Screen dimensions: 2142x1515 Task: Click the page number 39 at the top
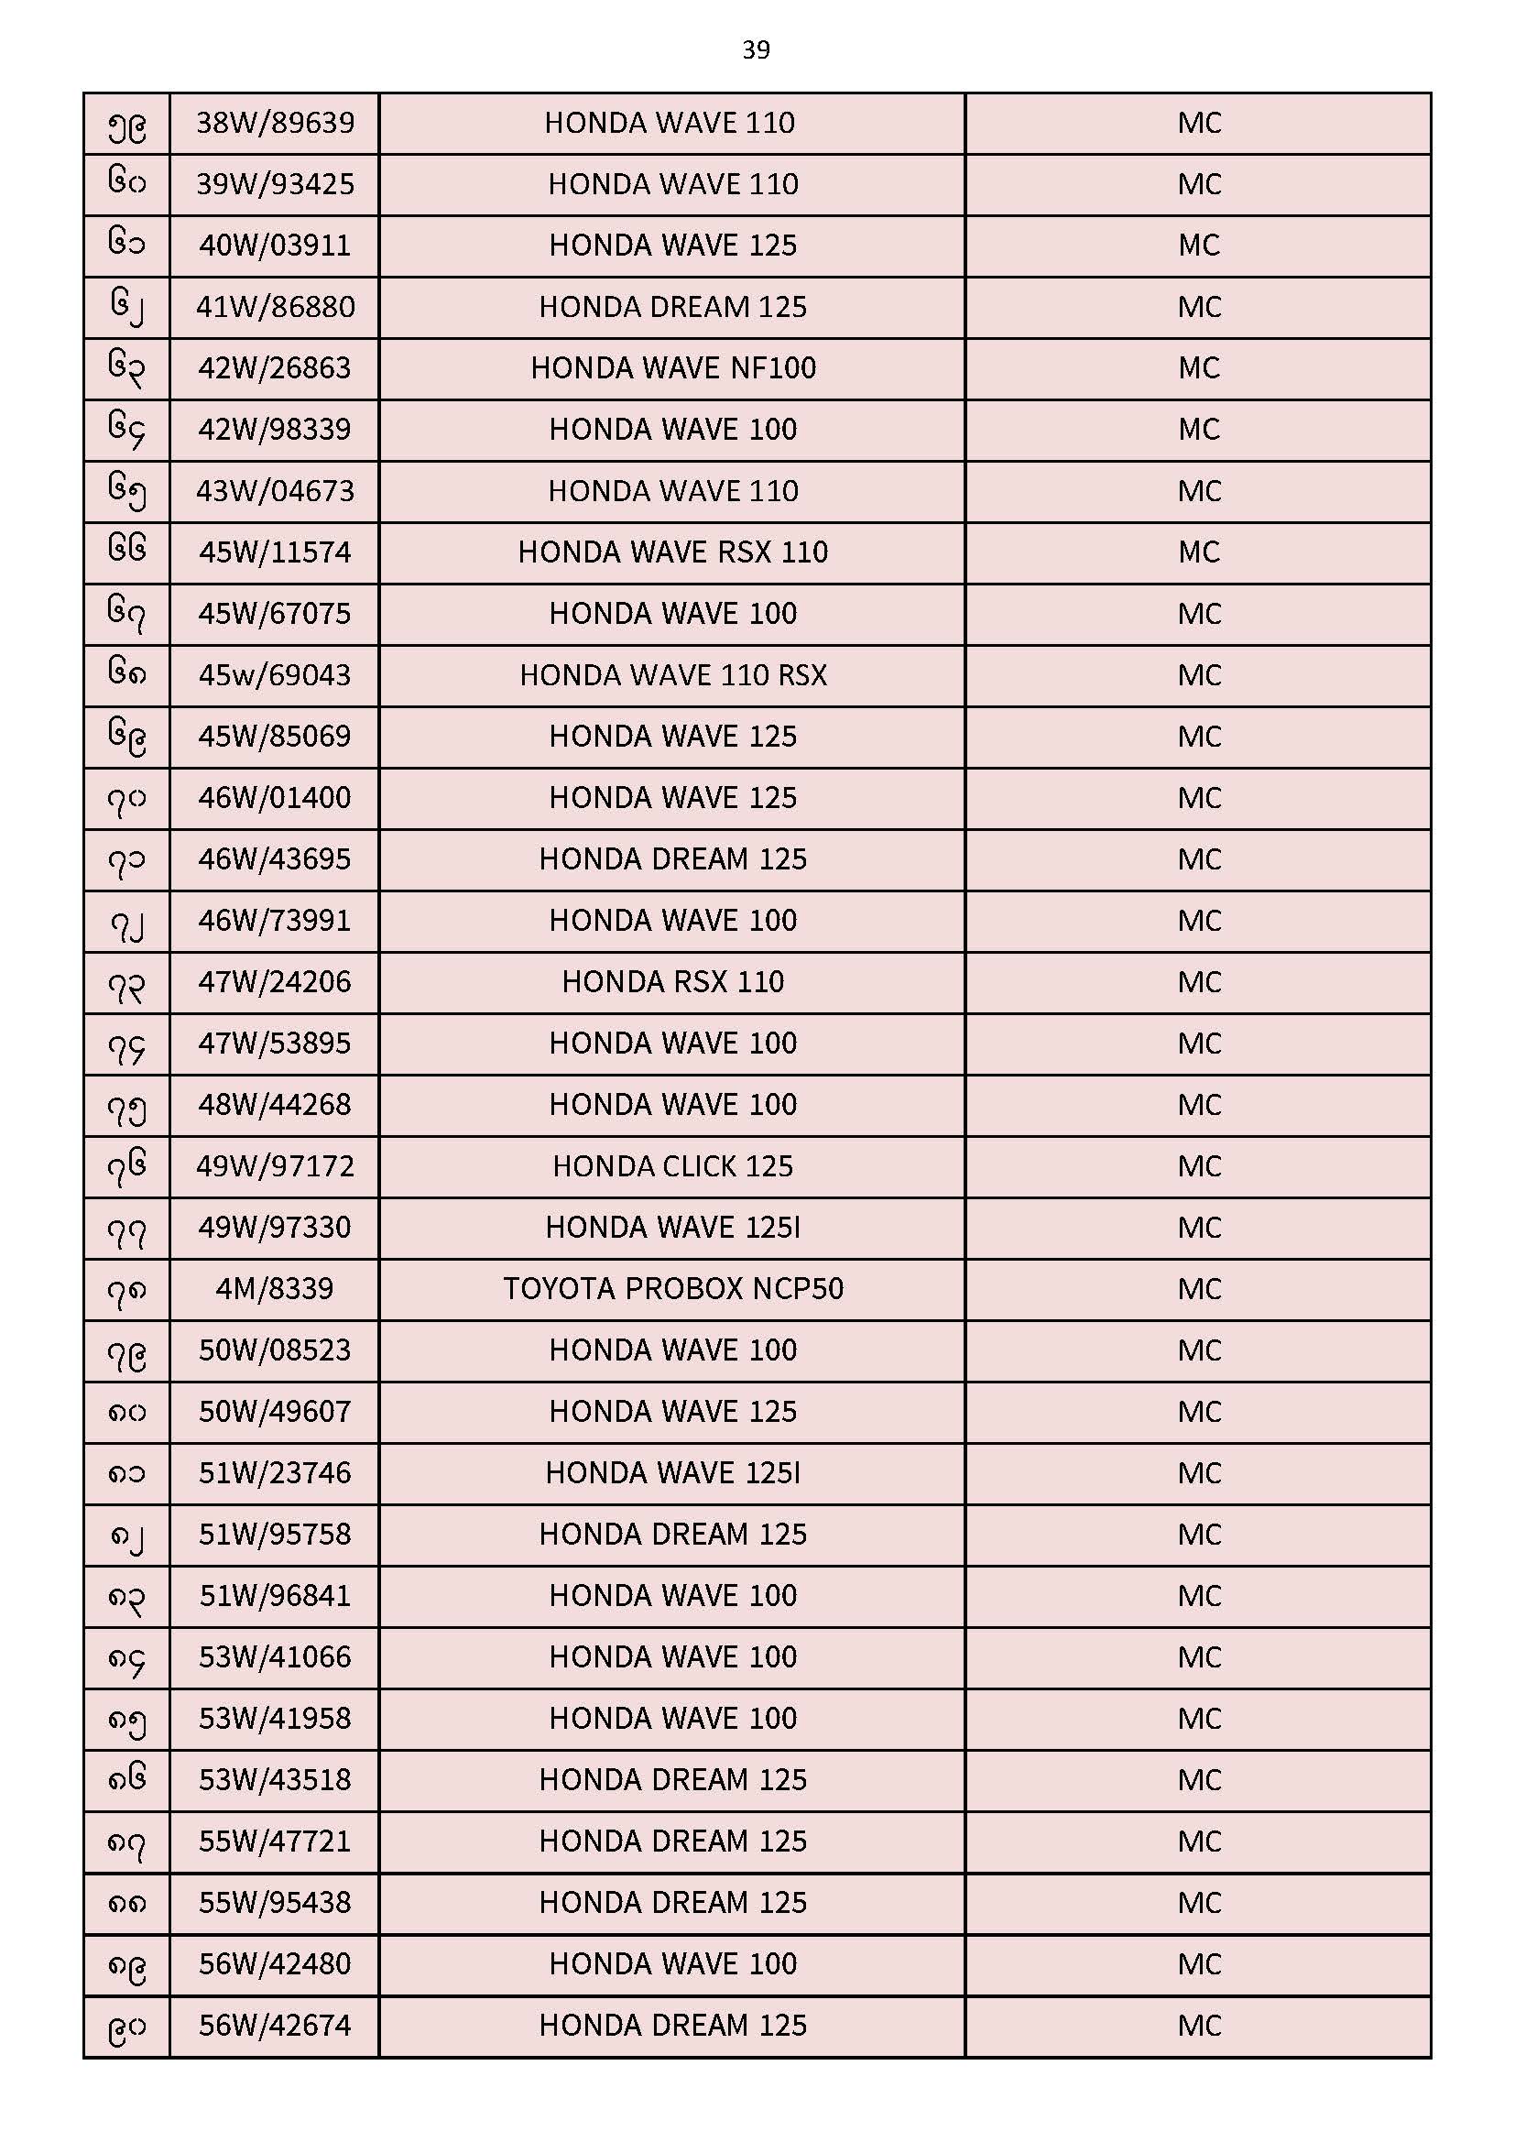tap(756, 49)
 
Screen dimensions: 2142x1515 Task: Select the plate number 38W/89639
tap(275, 122)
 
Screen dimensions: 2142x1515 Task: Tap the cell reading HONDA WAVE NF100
tap(672, 367)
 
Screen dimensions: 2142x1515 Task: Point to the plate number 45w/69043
tap(274, 674)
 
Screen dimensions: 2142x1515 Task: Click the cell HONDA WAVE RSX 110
tap(672, 552)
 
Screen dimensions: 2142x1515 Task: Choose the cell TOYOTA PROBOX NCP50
tap(672, 1288)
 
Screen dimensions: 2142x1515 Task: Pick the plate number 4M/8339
tap(274, 1288)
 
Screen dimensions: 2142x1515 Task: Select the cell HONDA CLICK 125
tap(672, 1166)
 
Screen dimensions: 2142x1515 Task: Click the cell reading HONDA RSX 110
tap(672, 981)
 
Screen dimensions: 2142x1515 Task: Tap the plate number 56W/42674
tap(274, 2026)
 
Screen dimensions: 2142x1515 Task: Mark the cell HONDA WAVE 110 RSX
tap(672, 674)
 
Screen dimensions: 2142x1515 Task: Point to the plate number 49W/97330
tap(274, 1227)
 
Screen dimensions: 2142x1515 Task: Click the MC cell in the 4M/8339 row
tap(1199, 1288)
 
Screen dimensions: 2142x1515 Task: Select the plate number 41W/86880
tap(275, 306)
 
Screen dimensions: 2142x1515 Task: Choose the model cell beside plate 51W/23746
tap(672, 1472)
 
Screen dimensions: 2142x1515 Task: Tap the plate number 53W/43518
tap(274, 1779)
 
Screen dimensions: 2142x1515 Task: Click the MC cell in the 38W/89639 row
tap(1199, 122)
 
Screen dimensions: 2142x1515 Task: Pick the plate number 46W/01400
tap(274, 798)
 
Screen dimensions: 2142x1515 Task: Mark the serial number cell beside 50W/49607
tap(127, 1412)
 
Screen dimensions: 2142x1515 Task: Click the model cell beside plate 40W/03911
tap(672, 245)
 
